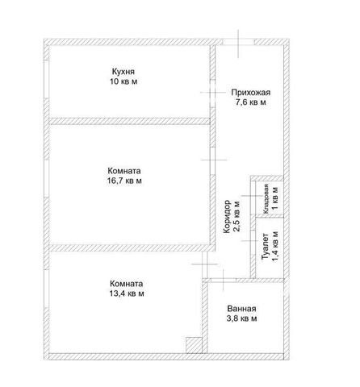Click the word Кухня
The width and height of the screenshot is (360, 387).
tap(123, 72)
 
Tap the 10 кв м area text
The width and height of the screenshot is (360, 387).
tap(123, 81)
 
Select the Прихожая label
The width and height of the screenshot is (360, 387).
tap(250, 93)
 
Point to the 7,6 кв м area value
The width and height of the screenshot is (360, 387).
tap(250, 102)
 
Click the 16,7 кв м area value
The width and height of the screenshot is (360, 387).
tap(124, 181)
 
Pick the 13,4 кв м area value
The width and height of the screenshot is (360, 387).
tap(126, 293)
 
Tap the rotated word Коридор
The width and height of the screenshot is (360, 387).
tap(228, 216)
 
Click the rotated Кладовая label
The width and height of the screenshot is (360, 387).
tap(266, 199)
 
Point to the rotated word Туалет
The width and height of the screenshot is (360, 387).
tap(266, 246)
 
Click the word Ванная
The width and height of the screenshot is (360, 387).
tap(241, 309)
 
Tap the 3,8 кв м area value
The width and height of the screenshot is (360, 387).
tap(241, 318)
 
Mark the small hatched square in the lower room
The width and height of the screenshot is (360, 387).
tap(194, 345)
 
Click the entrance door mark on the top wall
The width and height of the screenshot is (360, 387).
tap(238, 44)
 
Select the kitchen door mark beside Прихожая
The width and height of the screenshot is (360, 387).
tap(212, 92)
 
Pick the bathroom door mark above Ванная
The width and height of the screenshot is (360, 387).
tap(223, 280)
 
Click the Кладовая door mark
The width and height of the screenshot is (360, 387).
tap(253, 196)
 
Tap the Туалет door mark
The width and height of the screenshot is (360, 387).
tap(253, 240)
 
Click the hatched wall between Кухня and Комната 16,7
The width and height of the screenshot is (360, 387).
tap(129, 121)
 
